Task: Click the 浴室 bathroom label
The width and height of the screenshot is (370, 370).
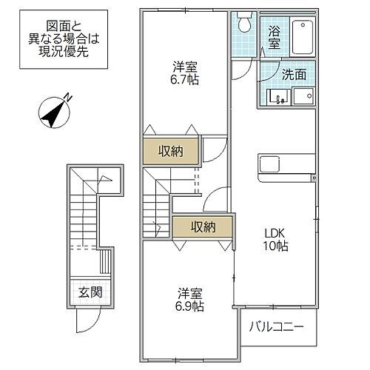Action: pyautogui.click(x=275, y=38)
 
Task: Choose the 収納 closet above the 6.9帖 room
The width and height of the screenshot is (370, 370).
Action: pyautogui.click(x=201, y=226)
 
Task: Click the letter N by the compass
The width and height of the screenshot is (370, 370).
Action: pyautogui.click(x=67, y=96)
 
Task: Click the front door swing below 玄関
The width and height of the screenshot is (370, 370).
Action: pyautogui.click(x=86, y=320)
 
